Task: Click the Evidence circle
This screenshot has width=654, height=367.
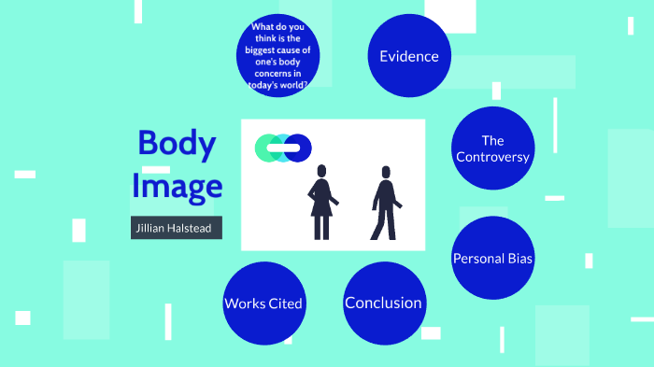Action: (408, 56)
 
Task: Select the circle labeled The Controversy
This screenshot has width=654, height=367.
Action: (492, 148)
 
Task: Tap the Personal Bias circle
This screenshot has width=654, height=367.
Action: (492, 259)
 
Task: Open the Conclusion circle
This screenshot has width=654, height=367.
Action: (383, 303)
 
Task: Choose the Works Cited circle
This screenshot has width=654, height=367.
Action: (263, 303)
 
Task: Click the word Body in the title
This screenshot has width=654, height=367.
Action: (177, 144)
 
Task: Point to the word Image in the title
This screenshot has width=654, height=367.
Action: (177, 186)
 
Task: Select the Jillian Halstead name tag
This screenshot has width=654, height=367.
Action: (177, 229)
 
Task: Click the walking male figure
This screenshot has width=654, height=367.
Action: (385, 205)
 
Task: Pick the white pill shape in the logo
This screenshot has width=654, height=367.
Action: (283, 148)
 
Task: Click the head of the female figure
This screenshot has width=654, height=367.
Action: (322, 172)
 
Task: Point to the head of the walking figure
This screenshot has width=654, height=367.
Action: (385, 173)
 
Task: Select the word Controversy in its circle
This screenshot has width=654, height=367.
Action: (492, 157)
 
